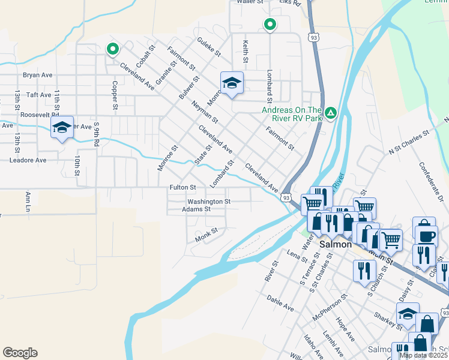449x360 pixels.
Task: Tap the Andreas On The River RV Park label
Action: (x=292, y=114)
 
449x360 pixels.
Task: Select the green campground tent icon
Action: (x=330, y=113)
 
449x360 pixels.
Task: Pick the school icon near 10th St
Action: (x=62, y=128)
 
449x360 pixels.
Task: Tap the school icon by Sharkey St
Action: (x=408, y=314)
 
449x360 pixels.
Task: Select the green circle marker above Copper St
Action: (x=112, y=49)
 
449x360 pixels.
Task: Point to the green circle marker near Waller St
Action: (x=270, y=25)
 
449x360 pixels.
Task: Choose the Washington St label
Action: (x=209, y=202)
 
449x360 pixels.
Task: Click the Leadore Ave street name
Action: (x=28, y=160)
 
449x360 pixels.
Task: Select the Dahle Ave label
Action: (x=280, y=302)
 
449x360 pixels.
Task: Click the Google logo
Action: (x=20, y=353)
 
